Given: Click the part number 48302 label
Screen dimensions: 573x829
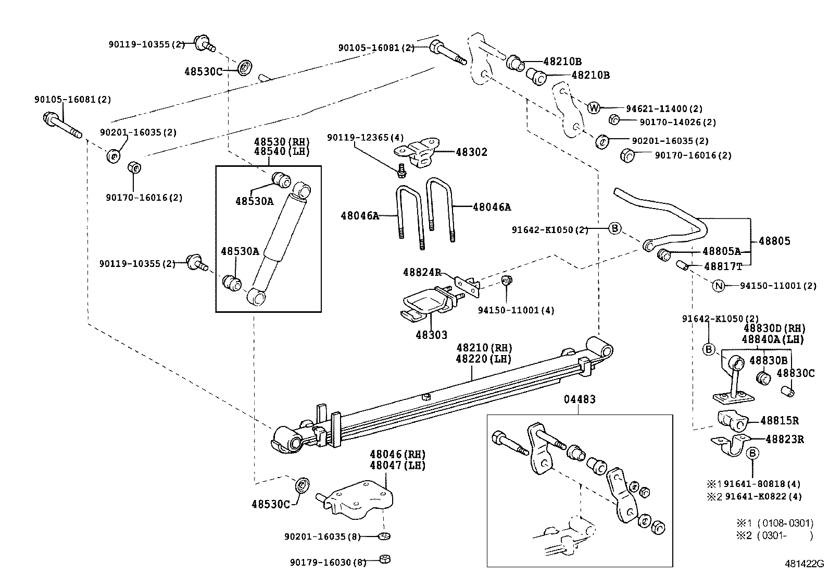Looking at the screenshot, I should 471,152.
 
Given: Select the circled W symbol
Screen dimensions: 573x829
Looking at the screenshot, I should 594,108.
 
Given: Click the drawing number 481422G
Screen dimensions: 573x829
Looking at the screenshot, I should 805,564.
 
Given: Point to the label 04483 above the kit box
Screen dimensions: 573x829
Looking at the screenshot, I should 580,400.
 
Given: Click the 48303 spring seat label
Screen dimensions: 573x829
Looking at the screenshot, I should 431,335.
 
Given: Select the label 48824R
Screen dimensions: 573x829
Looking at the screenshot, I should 422,272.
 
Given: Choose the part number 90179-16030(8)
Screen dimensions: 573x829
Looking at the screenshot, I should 328,562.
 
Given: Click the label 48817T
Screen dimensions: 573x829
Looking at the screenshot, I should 723,266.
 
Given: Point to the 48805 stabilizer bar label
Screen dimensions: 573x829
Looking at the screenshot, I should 774,241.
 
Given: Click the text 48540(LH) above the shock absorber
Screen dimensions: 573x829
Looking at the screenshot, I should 282,151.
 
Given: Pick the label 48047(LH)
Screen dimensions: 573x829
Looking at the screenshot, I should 397,466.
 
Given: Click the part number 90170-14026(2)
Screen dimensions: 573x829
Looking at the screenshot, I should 677,122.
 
